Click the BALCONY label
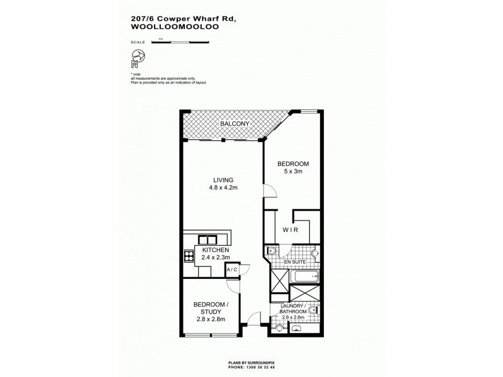coord(235,124)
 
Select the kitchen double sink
coord(207,239)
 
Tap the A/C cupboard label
coord(233,270)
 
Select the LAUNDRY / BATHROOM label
coord(294,309)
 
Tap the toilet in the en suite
coord(272,252)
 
